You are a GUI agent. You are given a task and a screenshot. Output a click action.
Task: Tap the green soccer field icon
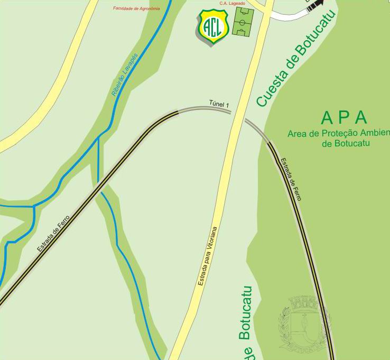[x=244, y=22]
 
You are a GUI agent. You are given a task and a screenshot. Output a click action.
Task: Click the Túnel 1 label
[x=219, y=105]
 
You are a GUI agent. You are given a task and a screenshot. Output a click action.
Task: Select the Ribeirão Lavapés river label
[x=125, y=75]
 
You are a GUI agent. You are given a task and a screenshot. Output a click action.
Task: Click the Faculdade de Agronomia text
[x=136, y=8]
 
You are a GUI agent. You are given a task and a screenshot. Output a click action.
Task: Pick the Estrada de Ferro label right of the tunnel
[x=291, y=180]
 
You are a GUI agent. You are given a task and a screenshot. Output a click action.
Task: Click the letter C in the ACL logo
[x=213, y=25]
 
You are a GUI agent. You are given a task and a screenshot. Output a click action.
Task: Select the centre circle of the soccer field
[x=244, y=22]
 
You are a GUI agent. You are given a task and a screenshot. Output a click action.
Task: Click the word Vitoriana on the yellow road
[x=211, y=241]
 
